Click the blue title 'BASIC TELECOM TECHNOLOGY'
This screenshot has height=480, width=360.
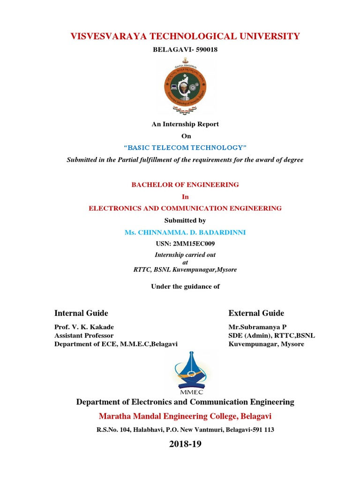point(185,148)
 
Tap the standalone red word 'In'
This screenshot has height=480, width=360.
point(185,196)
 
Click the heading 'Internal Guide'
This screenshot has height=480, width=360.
point(81,313)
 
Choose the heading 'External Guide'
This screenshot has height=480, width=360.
point(256,313)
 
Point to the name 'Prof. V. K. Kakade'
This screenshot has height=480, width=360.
point(84,327)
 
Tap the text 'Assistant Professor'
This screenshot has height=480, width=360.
point(84,336)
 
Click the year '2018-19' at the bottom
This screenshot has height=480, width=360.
point(185,444)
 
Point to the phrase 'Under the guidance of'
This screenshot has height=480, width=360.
point(185,286)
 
